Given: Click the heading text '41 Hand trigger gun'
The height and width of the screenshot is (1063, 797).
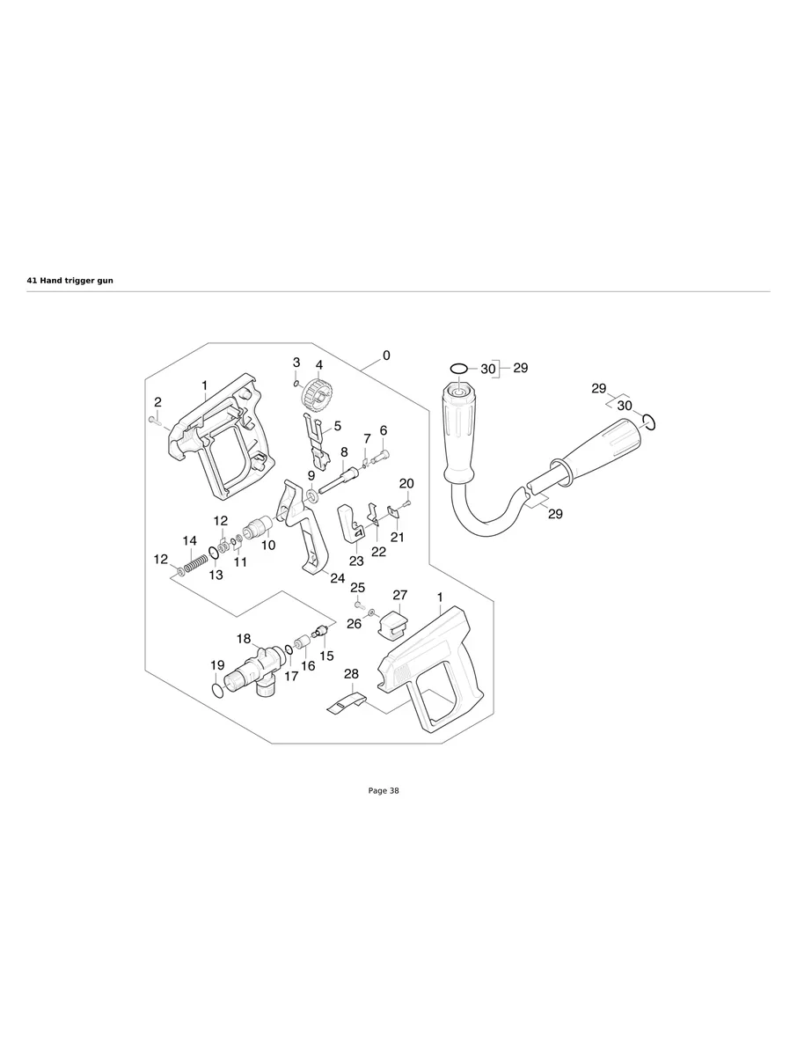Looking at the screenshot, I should click(x=70, y=280).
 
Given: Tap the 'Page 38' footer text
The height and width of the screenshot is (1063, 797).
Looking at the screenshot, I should click(x=384, y=791).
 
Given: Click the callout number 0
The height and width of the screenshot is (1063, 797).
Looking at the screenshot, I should click(x=386, y=356).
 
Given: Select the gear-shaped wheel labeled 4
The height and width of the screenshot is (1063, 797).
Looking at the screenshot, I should click(x=315, y=392).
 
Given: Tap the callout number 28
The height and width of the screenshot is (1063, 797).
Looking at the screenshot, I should click(x=351, y=674).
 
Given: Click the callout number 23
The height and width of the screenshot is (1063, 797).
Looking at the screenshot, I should click(x=356, y=561).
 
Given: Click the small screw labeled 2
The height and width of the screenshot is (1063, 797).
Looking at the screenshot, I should click(x=153, y=422).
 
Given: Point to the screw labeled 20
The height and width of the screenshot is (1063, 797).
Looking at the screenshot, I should click(x=406, y=503).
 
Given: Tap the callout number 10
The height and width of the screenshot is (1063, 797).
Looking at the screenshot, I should click(x=268, y=546).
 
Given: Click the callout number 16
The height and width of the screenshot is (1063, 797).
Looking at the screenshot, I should click(x=308, y=666).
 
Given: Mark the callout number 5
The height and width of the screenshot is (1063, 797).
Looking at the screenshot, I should click(x=337, y=426).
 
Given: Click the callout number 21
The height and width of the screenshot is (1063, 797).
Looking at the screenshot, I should click(x=397, y=537).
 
